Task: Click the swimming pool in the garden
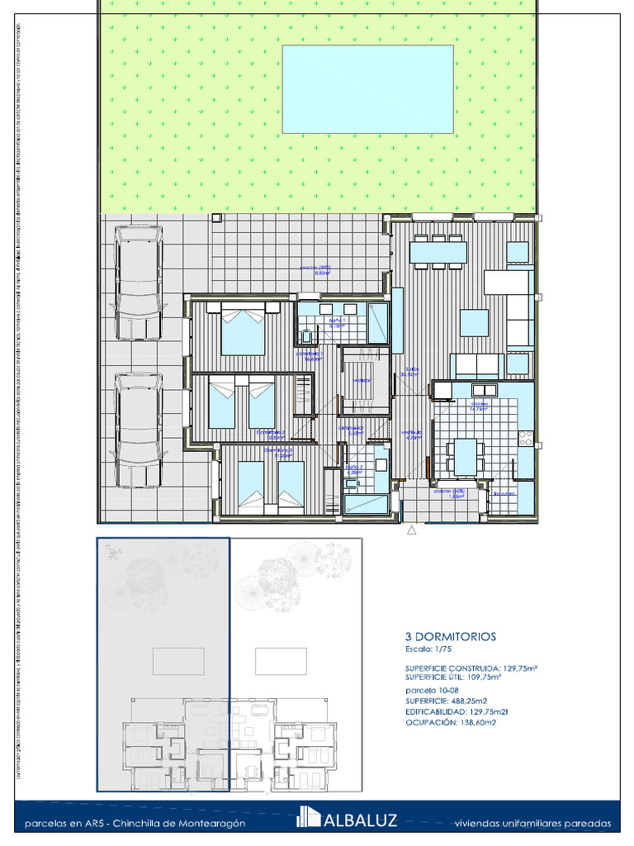point(367,89)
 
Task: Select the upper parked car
point(139,284)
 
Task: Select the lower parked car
point(138,430)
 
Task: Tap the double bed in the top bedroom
point(243,329)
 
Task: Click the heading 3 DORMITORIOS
point(450,637)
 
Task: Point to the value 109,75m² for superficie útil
point(483,677)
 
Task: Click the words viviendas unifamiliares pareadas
point(532,824)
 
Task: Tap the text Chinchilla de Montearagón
point(179,824)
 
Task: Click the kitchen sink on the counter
point(483,389)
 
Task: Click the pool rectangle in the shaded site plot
point(178,661)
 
